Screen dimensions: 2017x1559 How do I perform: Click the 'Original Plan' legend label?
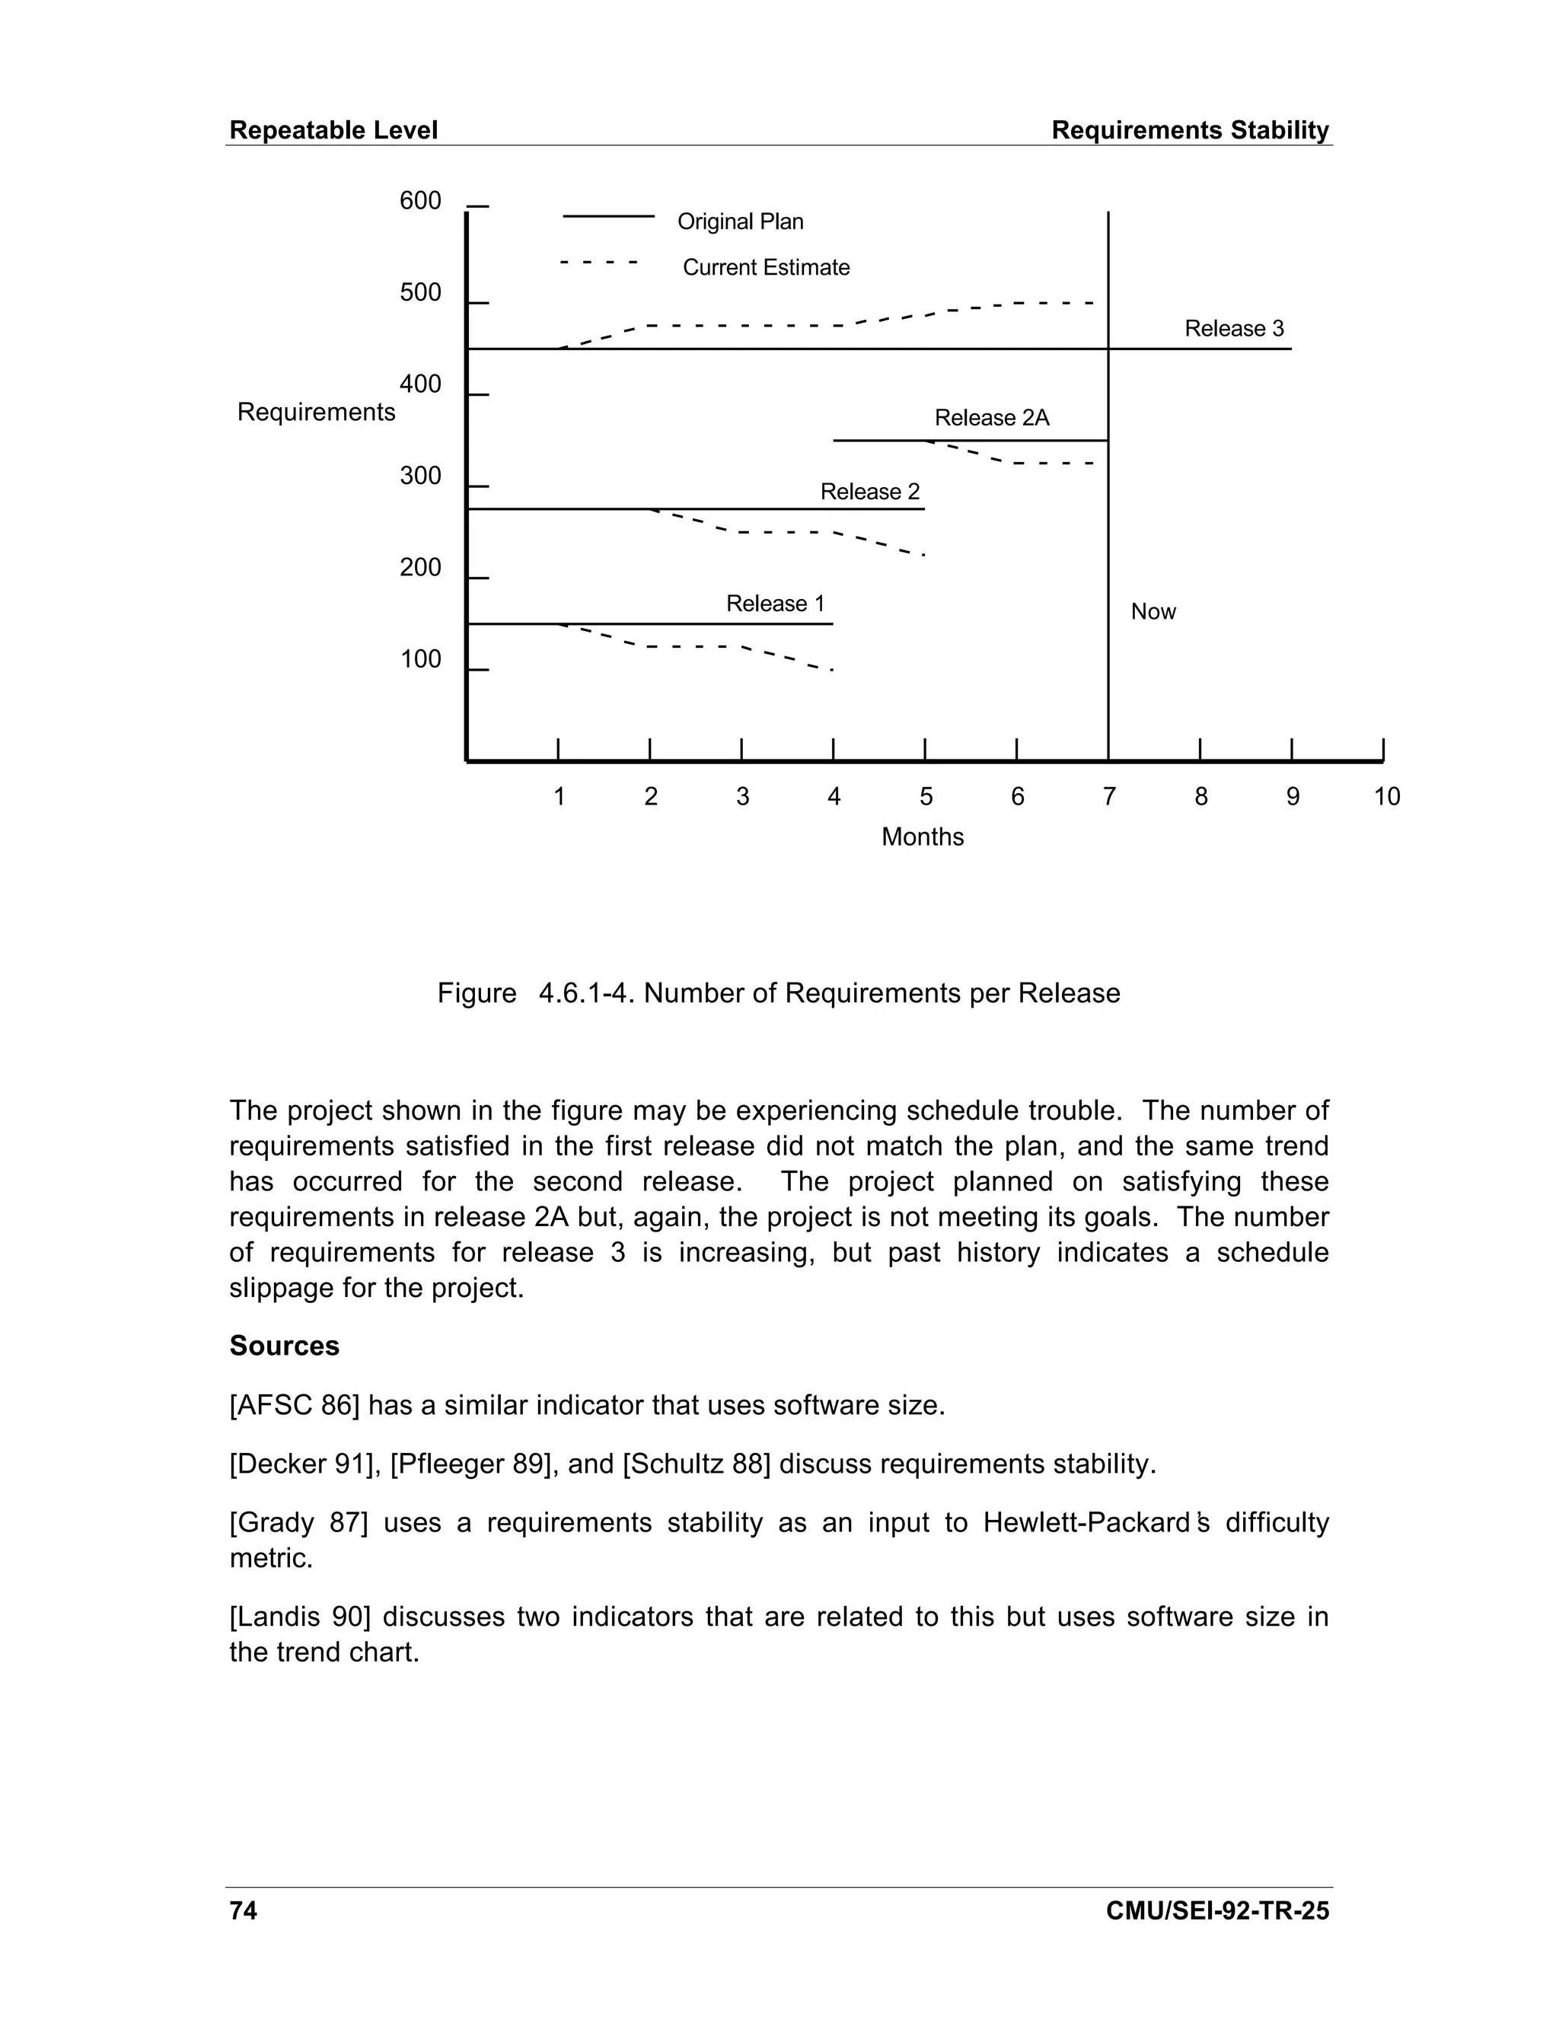tap(740, 221)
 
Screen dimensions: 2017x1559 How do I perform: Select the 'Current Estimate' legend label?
tap(766, 268)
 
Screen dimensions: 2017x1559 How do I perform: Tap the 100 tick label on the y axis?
tap(420, 659)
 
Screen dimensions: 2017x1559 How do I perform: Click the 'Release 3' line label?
tap(1234, 329)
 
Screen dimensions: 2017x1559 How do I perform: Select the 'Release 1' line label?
tap(775, 604)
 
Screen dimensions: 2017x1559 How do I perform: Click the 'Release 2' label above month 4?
tap(870, 492)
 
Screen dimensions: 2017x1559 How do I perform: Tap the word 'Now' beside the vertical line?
tap(1153, 611)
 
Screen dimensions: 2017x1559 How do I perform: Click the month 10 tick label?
tap(1386, 797)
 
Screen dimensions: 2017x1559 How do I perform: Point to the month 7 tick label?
tap(1109, 797)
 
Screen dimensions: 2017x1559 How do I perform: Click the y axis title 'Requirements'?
tap(316, 412)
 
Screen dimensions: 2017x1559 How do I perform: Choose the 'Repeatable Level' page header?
tap(333, 130)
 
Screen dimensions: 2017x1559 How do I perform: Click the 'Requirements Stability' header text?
tap(1190, 130)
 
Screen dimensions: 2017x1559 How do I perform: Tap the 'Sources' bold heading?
tap(285, 1346)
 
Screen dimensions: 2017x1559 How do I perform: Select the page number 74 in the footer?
tap(243, 1910)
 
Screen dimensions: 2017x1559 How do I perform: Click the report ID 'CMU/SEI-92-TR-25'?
tap(1216, 1910)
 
